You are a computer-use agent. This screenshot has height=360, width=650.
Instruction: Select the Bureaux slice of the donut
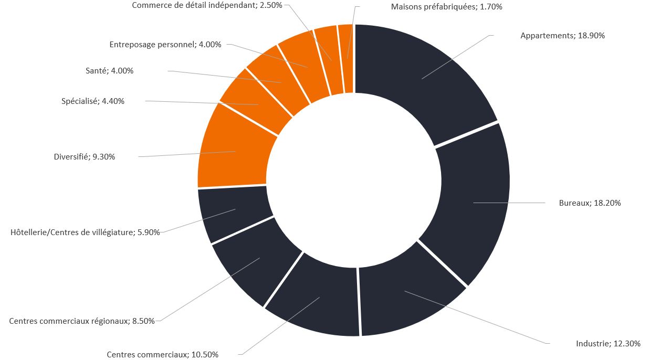(473, 202)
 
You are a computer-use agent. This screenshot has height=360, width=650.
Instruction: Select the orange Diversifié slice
(234, 152)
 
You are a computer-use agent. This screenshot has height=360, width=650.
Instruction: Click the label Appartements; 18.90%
(562, 36)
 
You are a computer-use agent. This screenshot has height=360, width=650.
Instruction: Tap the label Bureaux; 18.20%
(590, 203)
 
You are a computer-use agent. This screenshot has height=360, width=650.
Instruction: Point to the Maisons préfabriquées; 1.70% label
(447, 7)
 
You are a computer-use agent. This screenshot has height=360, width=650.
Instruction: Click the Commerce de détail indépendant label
(207, 5)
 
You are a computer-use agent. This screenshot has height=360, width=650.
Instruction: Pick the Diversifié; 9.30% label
(84, 156)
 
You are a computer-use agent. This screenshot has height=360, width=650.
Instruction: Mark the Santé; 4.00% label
(109, 71)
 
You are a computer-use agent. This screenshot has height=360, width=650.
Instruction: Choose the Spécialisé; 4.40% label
(93, 101)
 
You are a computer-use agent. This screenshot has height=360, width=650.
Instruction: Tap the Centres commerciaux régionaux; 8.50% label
(82, 321)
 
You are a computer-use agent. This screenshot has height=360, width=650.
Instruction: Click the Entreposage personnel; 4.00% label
(165, 45)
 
